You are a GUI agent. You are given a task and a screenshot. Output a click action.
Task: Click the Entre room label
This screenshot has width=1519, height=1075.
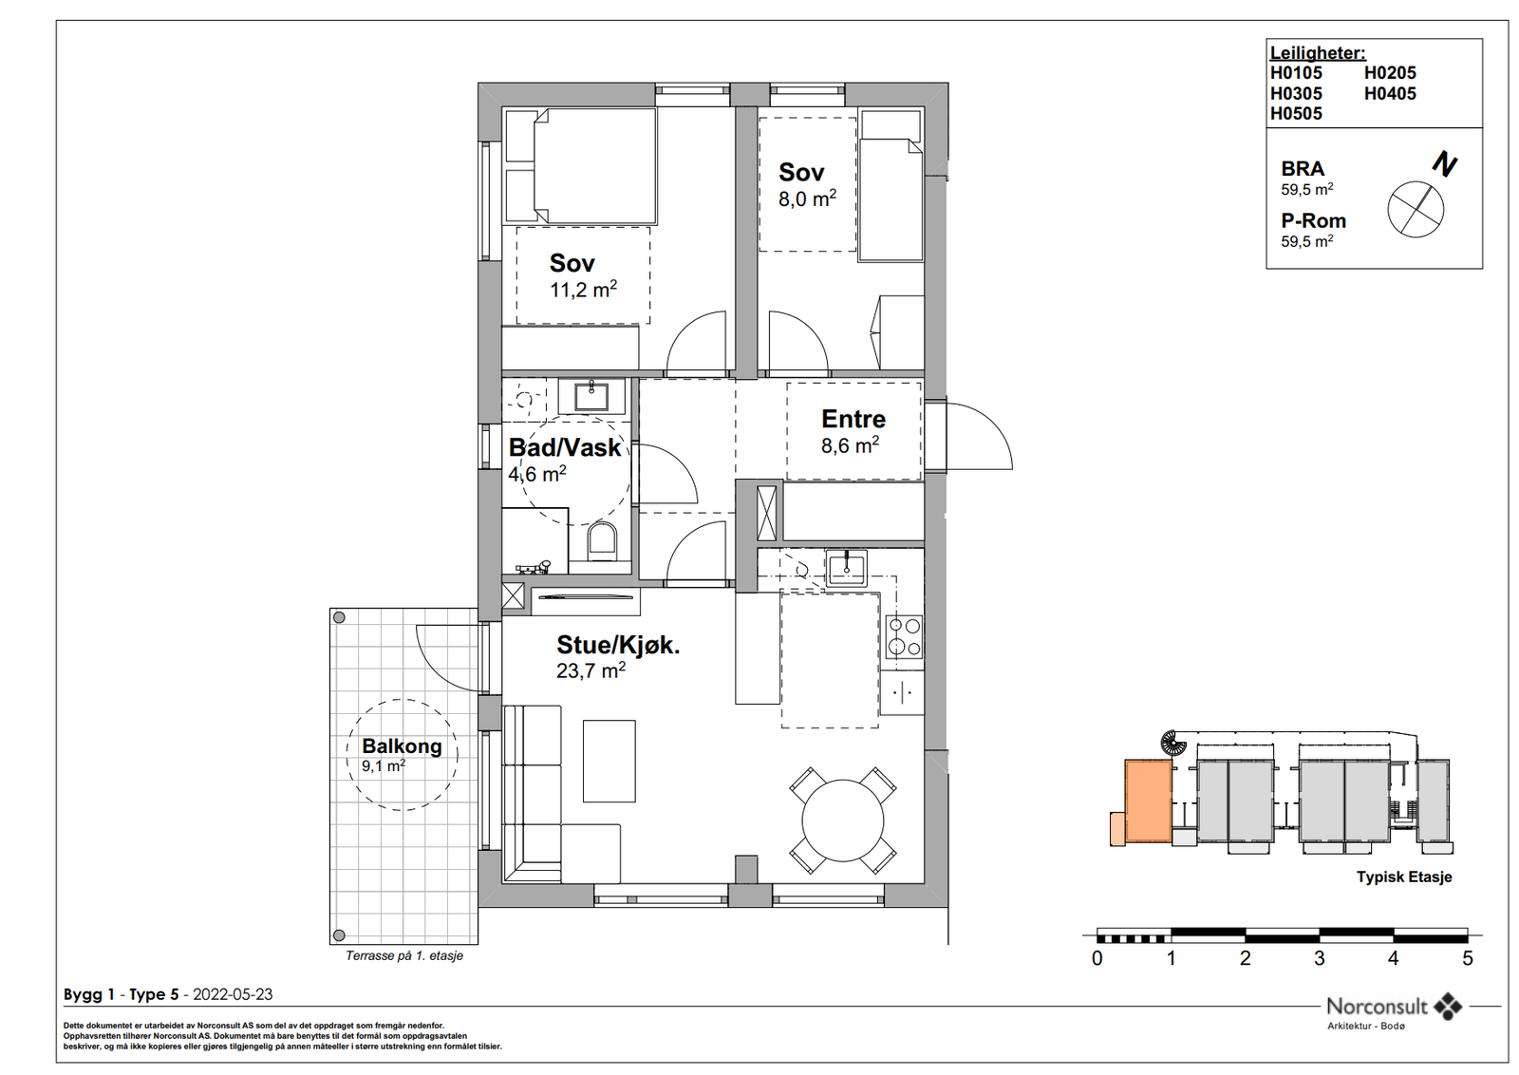coord(853,419)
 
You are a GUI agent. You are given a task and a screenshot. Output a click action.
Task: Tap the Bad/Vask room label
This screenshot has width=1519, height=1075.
coord(565,447)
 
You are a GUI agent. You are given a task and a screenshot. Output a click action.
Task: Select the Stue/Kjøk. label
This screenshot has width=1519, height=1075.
coord(618,645)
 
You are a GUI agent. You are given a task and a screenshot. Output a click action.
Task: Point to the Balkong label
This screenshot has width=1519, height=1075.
coord(403,746)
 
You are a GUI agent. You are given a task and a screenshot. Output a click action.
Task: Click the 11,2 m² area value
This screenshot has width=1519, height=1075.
coord(583,290)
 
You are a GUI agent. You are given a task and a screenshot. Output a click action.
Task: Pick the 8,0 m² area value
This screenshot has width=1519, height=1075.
coord(807,198)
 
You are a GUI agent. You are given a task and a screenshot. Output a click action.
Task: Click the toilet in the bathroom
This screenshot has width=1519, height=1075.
coord(602,540)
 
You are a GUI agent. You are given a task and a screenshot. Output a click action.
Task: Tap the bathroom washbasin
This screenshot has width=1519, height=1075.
coord(591,396)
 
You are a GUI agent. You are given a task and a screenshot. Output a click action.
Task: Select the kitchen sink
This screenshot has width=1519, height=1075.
coord(846,568)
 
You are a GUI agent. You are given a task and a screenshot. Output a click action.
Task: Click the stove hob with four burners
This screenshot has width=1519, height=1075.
coord(904,637)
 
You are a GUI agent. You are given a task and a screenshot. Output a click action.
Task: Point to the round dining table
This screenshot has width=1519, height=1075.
coord(843,820)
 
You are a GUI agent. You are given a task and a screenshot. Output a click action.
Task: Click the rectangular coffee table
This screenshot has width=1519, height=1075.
coord(609,761)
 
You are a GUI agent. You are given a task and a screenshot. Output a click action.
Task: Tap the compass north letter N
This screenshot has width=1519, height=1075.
coord(1444,165)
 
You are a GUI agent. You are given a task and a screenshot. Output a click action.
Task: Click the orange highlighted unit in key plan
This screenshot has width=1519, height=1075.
coord(1148,801)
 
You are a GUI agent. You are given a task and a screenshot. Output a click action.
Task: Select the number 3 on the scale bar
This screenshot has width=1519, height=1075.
coord(1320,958)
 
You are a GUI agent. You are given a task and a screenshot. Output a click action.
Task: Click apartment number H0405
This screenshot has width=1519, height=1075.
coord(1390,94)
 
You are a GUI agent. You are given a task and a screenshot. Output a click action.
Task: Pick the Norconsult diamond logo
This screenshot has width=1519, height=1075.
coord(1448,1006)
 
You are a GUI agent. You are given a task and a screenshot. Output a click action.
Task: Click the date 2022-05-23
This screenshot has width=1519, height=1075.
coord(233,994)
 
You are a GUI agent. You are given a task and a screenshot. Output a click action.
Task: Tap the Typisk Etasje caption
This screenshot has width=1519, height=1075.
coord(1404,877)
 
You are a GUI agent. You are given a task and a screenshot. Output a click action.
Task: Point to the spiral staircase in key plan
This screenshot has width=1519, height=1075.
coord(1173,744)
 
